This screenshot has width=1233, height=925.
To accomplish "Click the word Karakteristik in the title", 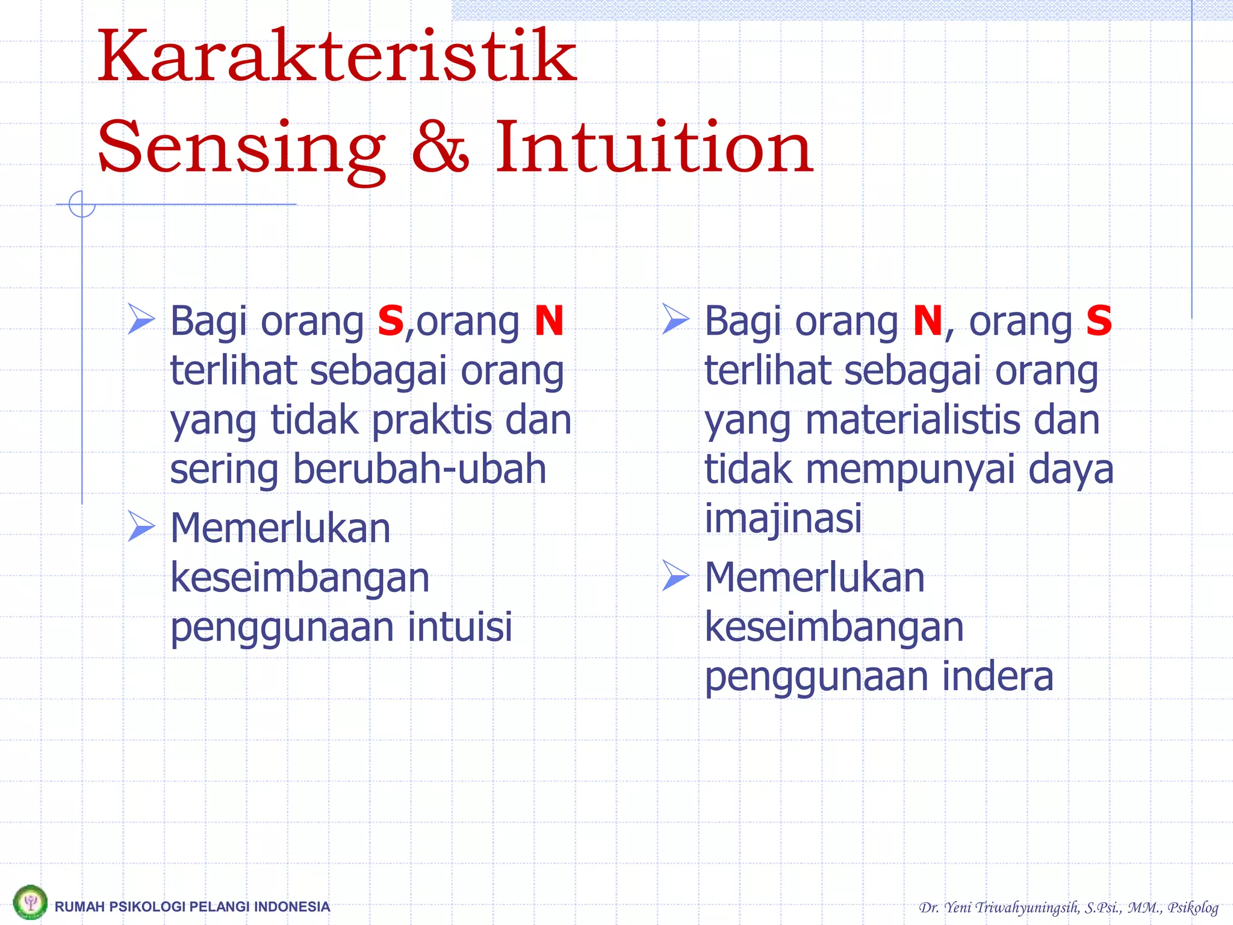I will pos(337,57).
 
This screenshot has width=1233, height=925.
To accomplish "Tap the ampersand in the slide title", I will pos(440,148).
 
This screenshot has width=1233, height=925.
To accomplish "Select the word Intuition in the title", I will pos(654,148).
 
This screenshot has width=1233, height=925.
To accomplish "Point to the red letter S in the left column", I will pos(390,321).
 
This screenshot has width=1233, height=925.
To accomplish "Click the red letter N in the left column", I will pos(549,321).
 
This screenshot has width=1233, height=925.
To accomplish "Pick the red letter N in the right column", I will pos(927,321).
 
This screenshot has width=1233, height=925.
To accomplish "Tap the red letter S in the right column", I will pos(1099,321).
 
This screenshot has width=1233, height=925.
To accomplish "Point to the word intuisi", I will pos(460,627).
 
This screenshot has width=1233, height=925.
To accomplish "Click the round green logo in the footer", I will pos(30,902).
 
